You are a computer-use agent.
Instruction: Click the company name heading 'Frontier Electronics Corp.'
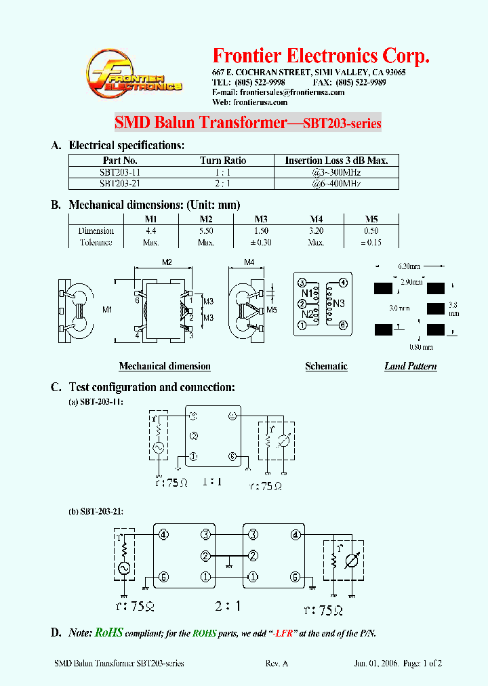pyautogui.click(x=321, y=56)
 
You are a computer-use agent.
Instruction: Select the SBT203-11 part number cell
pyautogui.click(x=120, y=173)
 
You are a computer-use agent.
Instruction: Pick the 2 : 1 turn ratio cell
pyautogui.click(x=223, y=184)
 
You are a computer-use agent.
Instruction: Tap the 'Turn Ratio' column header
pyautogui.click(x=223, y=161)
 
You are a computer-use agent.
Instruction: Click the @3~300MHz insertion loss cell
pyautogui.click(x=335, y=173)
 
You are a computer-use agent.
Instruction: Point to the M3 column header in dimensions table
pyautogui.click(x=261, y=219)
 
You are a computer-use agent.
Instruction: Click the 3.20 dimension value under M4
pyautogui.click(x=316, y=230)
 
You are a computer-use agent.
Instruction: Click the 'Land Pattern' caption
pyautogui.click(x=410, y=366)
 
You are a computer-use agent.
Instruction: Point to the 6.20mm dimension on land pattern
pyautogui.click(x=411, y=268)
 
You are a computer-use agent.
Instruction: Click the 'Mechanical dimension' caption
pyautogui.click(x=165, y=366)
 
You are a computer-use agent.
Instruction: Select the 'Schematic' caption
pyautogui.click(x=326, y=366)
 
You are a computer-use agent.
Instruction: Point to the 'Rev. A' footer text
pyautogui.click(x=277, y=664)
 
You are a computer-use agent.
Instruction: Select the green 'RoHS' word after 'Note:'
pyautogui.click(x=108, y=632)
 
